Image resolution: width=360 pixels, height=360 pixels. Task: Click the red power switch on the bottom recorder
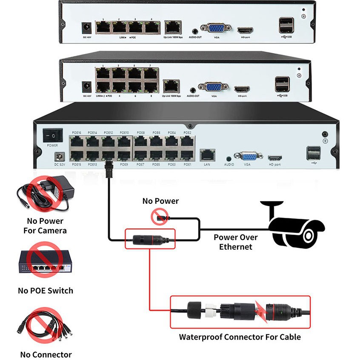pos(53,135)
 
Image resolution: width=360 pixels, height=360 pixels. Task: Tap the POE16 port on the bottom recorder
pos(77,141)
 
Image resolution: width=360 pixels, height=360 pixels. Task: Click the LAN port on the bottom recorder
pos(207,154)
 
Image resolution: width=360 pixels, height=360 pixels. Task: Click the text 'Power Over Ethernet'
pos(235,242)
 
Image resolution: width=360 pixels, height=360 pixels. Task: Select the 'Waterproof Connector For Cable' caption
pos(240,337)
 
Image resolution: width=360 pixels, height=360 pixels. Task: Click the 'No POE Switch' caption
pos(46,291)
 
